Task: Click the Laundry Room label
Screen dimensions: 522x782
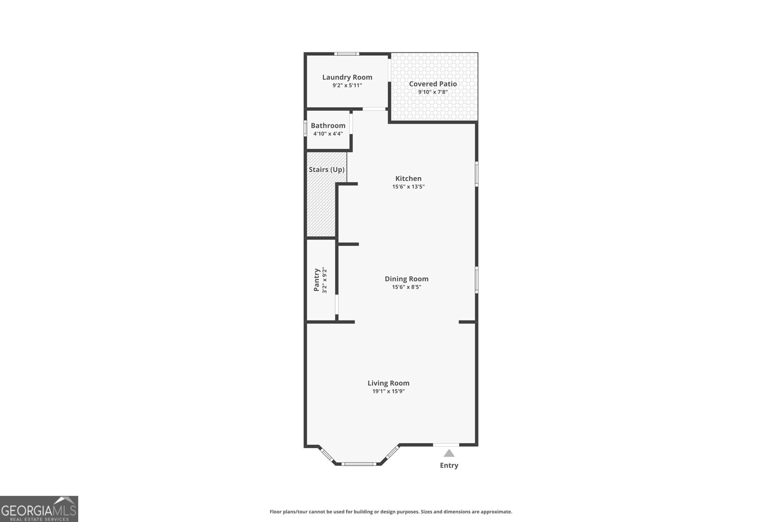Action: [x=347, y=77]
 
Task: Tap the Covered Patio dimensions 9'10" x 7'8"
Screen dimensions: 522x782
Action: [x=433, y=92]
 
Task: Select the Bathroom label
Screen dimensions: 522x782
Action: [x=328, y=126]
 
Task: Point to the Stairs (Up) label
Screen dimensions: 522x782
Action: [x=326, y=170]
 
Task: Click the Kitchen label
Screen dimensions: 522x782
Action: [x=408, y=179]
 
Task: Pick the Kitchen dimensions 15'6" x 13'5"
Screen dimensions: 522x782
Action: [x=408, y=187]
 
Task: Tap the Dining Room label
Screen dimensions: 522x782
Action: [x=406, y=279]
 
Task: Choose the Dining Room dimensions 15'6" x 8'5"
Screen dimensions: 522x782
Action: [x=406, y=287]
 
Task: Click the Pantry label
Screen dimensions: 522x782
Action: [x=317, y=280]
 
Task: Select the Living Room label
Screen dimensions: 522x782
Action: [x=389, y=383]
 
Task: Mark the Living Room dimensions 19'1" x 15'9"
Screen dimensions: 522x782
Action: [x=389, y=391]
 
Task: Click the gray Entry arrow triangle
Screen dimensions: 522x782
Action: [x=449, y=454]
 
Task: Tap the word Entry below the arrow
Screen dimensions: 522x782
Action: [x=449, y=465]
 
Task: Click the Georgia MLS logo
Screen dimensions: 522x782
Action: [x=39, y=509]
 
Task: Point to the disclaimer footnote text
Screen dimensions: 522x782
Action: [x=391, y=512]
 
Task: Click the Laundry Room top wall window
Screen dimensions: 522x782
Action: [x=347, y=54]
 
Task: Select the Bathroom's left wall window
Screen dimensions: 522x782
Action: [x=305, y=128]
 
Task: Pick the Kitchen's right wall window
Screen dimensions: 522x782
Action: [x=477, y=174]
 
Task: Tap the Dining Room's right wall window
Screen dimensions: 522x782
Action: [x=477, y=280]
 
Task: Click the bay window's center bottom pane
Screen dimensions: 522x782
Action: [x=359, y=463]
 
